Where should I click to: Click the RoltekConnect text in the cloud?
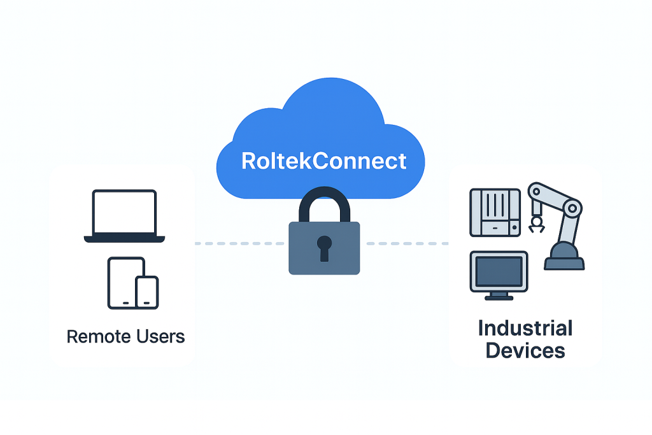coord(323,160)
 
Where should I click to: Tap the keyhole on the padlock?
coord(324,246)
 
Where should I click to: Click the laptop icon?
coord(124,217)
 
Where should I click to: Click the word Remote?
coord(96,336)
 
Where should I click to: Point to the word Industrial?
coord(525,329)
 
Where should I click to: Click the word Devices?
coord(525,350)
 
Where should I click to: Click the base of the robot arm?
coord(563,258)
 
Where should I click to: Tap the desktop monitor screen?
coord(499,271)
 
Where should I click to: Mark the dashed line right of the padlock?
coord(407,243)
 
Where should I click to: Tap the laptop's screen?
coord(124,213)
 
